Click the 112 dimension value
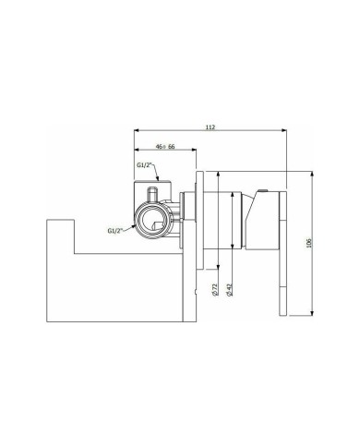210,127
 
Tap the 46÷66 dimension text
165,147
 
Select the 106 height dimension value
309,243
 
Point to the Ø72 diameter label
215,290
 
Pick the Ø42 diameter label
229,290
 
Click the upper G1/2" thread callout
145,165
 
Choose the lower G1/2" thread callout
115,231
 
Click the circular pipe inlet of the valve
152,220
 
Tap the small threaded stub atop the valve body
152,195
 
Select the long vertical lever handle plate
283,253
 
